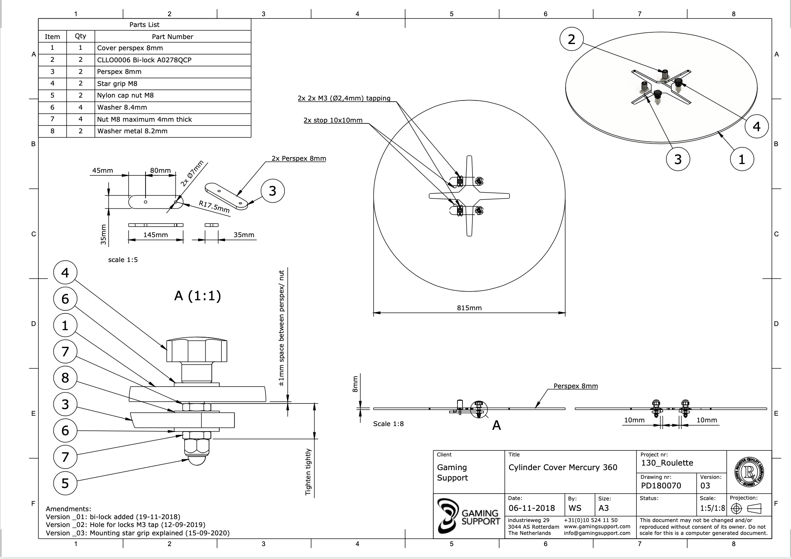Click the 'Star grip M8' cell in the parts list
coord(117,83)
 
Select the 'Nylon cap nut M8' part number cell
coord(125,96)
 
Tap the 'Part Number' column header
coord(172,37)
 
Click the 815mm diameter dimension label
coord(469,308)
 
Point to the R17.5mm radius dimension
coord(214,206)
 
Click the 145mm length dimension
coord(156,235)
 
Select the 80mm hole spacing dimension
coord(160,170)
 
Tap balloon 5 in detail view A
coord(65,483)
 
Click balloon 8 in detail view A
coord(65,378)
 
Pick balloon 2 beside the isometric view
coord(571,39)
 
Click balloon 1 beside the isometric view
coord(742,159)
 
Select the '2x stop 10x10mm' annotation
coord(333,120)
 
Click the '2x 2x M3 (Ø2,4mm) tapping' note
coord(344,98)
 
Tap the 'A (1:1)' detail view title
coord(198,296)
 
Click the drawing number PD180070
coord(661,485)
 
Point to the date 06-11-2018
coord(531,508)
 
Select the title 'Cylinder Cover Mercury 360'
coord(563,467)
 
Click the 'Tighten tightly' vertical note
coord(308,472)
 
